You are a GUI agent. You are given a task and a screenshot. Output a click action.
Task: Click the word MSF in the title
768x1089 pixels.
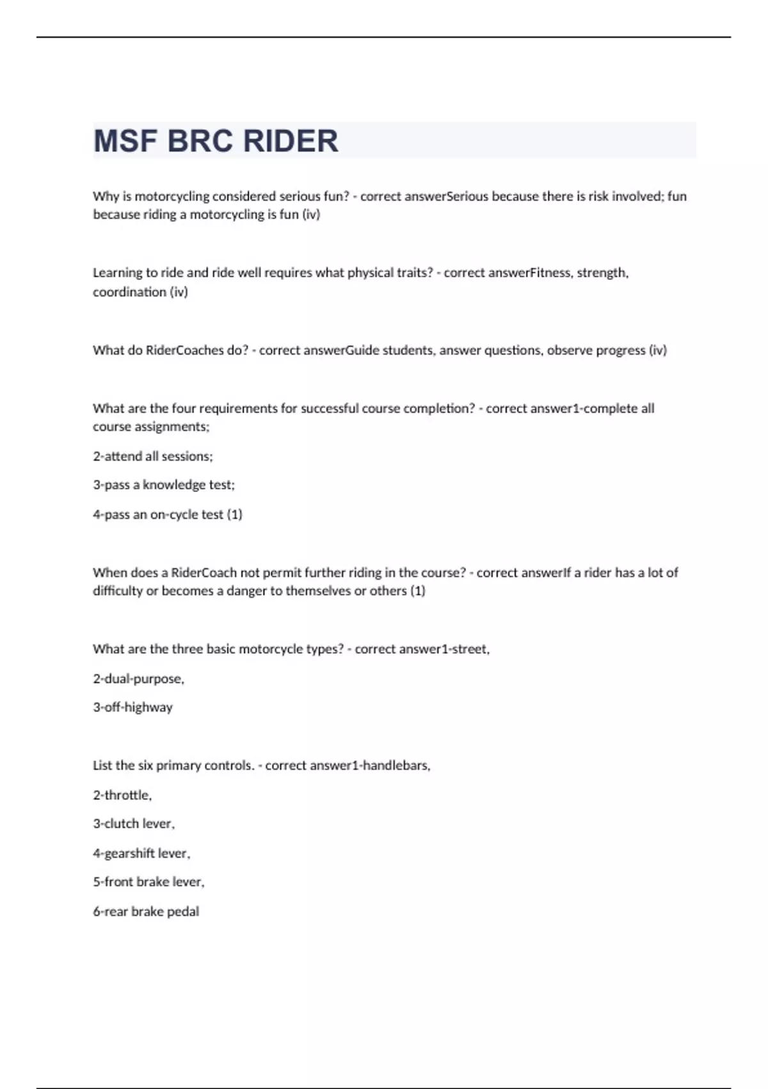(125, 141)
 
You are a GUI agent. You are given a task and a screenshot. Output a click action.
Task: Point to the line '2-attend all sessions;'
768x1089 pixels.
(153, 456)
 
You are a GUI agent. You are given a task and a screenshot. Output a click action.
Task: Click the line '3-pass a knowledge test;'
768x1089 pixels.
(164, 485)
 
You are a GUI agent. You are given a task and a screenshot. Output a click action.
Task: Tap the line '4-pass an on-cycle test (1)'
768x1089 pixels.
(168, 514)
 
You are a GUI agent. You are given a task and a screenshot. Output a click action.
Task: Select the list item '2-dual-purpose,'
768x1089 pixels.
(138, 678)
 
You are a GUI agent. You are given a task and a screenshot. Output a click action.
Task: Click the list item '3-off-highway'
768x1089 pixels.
(132, 707)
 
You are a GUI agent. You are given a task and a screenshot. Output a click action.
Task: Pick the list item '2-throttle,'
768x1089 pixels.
(122, 795)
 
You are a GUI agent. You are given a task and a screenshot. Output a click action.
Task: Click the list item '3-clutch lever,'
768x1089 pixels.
(134, 824)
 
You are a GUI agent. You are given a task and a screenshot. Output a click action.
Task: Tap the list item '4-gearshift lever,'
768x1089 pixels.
(141, 853)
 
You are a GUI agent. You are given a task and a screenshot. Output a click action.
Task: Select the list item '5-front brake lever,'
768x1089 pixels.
(148, 882)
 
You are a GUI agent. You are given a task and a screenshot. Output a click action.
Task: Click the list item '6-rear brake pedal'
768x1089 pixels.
(146, 912)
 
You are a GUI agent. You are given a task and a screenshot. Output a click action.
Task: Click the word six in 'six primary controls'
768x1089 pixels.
(145, 766)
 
